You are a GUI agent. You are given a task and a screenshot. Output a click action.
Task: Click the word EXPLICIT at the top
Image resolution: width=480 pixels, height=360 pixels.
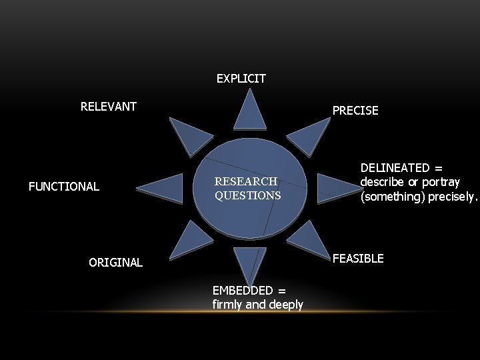(241, 79)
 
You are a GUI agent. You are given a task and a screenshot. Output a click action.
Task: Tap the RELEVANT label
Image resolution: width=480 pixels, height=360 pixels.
(109, 107)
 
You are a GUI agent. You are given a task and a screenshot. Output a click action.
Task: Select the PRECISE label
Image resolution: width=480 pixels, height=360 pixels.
(355, 111)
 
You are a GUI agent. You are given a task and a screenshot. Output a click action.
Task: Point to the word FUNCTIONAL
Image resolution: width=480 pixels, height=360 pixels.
(64, 187)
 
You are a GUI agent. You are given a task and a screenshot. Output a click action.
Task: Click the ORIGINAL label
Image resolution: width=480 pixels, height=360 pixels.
(115, 263)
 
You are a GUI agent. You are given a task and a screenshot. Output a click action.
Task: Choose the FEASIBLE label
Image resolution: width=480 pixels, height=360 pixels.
(358, 259)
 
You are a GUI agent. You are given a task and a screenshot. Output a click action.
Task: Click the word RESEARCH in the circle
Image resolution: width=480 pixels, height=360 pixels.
(245, 181)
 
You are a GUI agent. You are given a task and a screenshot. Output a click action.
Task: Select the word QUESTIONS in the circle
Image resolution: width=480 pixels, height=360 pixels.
(248, 196)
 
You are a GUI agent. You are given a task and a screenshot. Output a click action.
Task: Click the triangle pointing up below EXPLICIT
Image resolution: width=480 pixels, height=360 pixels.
(250, 112)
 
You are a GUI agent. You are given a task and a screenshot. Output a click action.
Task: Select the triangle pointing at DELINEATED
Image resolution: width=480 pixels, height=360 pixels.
(335, 187)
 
